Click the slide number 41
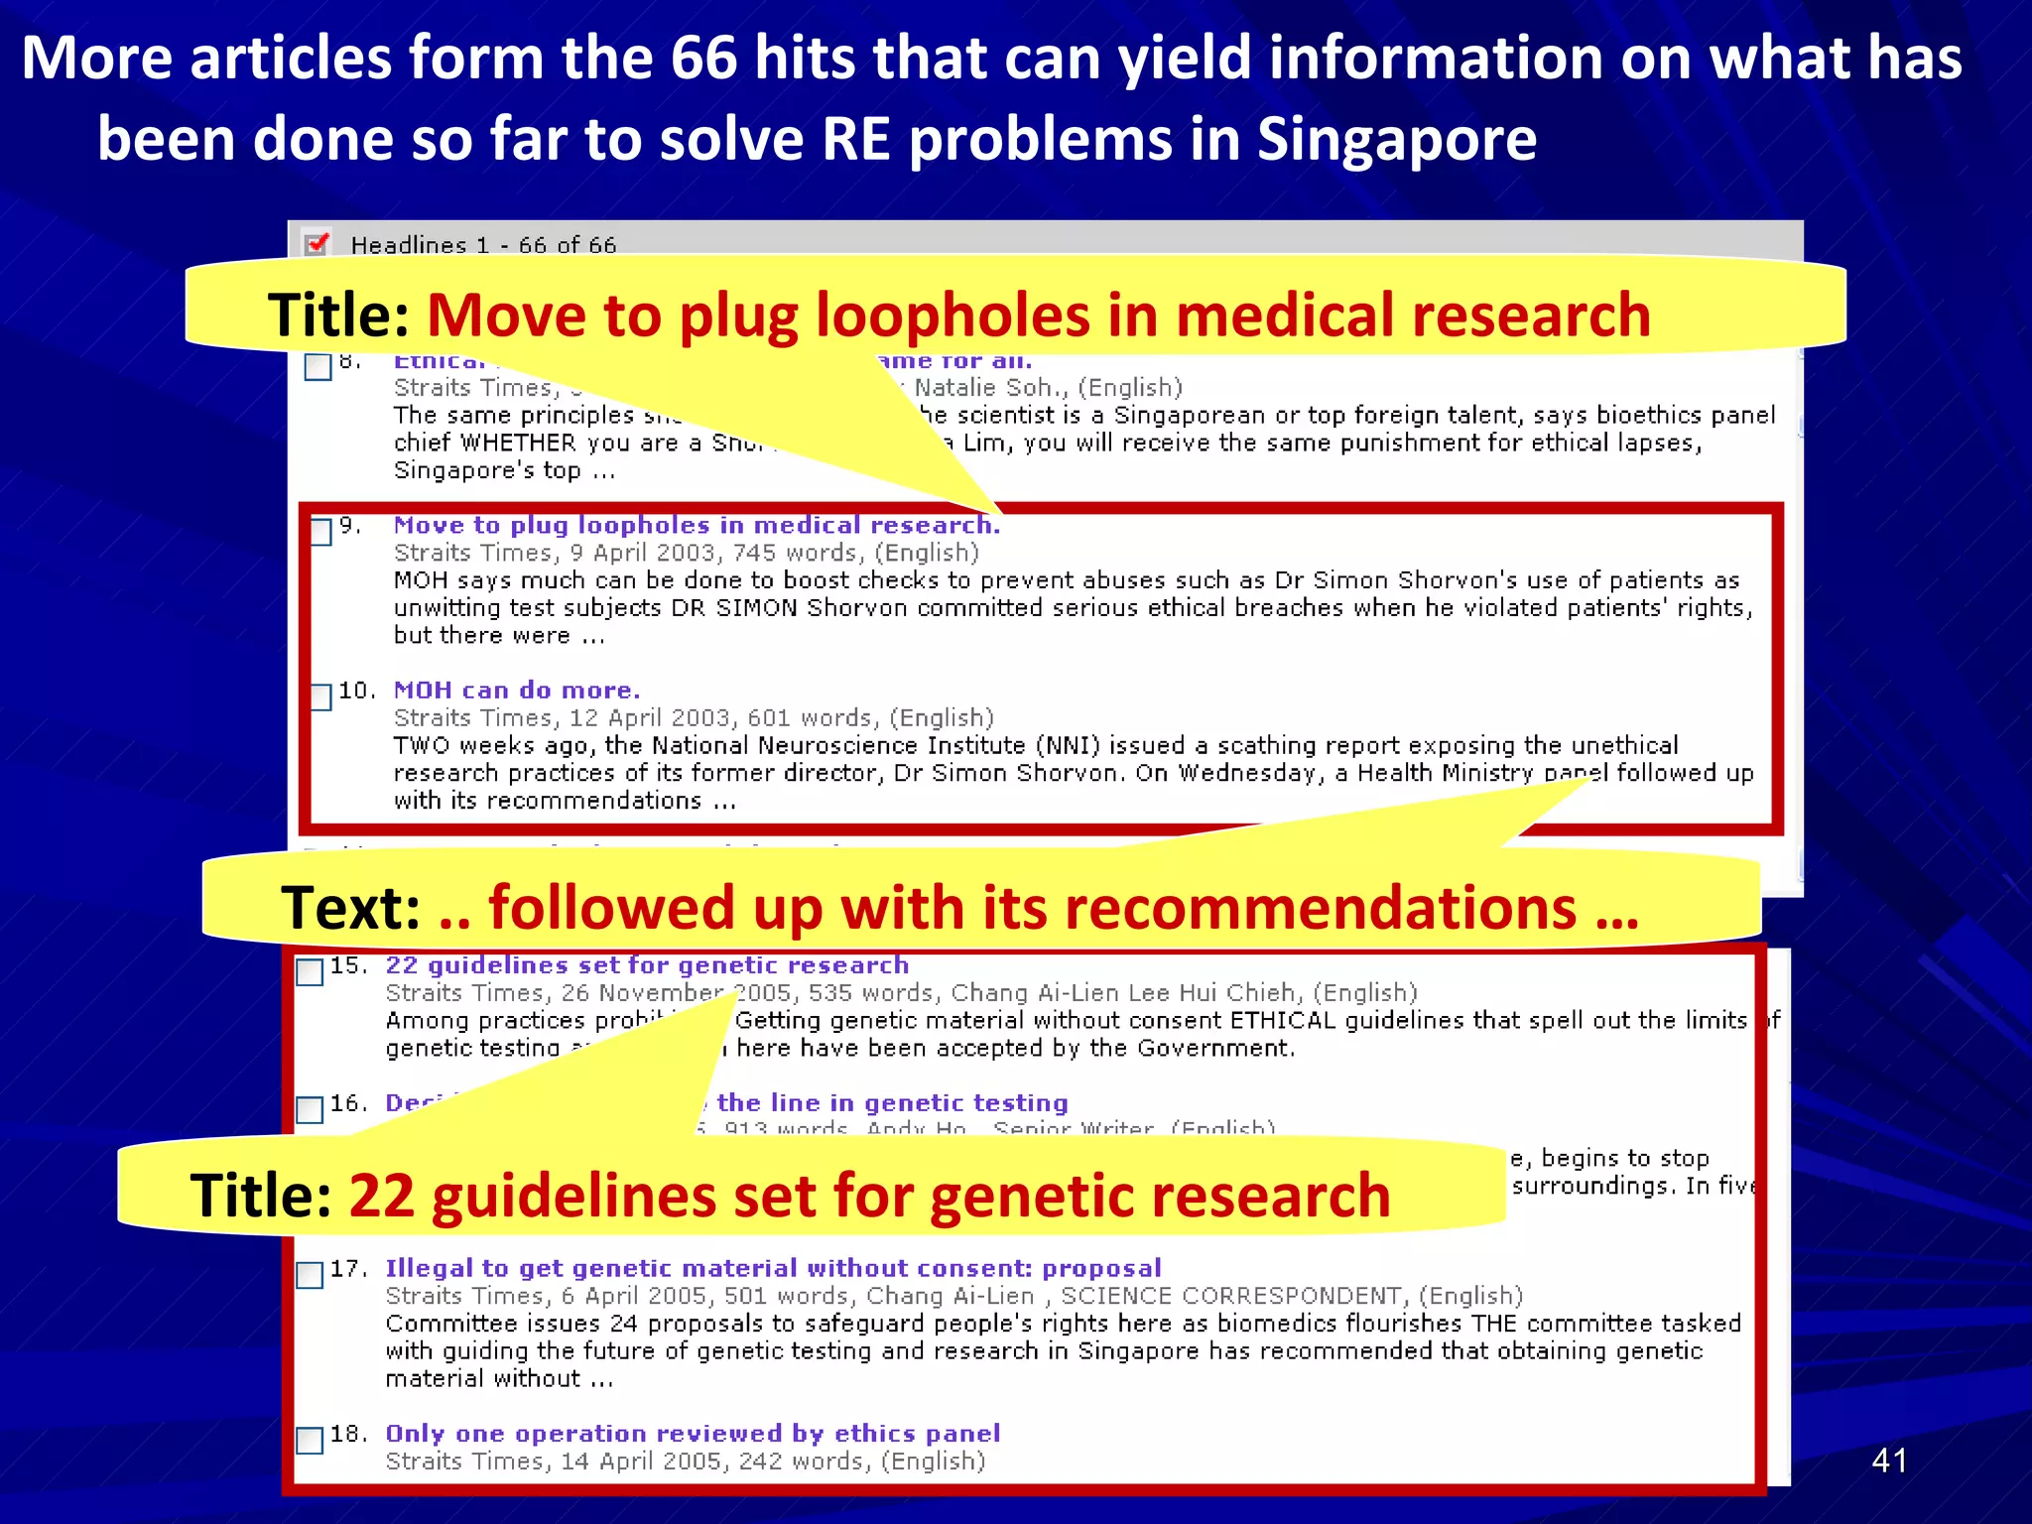coord(1888,1460)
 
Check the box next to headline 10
coord(321,696)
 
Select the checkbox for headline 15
coord(311,971)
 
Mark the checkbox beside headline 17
coord(311,1274)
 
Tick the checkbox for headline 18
coord(311,1440)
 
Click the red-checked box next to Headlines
coord(317,243)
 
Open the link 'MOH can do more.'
coord(517,690)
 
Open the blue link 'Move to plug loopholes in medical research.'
coord(697,525)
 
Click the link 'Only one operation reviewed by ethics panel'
coord(693,1434)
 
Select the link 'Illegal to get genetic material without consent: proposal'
coord(773,1268)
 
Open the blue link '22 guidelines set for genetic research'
coord(647,965)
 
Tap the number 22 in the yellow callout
coord(381,1195)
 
